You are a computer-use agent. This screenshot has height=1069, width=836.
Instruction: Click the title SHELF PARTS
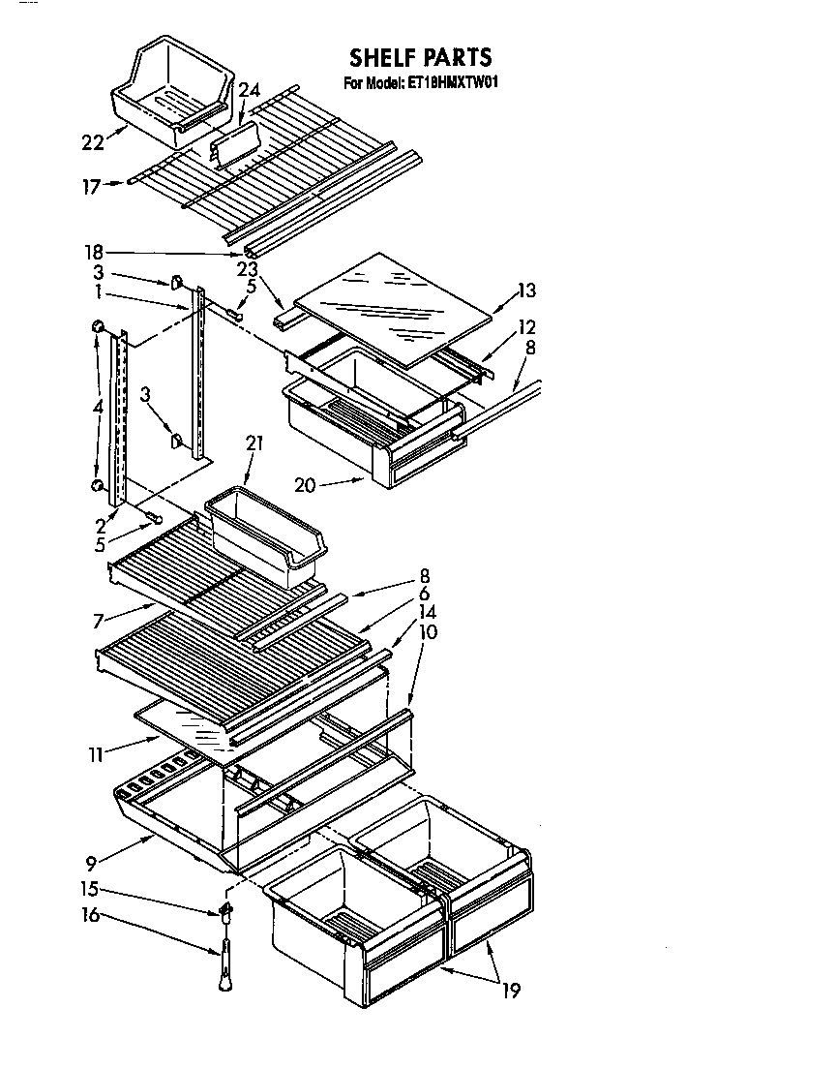click(420, 57)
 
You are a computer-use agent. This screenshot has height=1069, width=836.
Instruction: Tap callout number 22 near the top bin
click(92, 142)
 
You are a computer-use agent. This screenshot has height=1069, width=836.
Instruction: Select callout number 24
click(249, 91)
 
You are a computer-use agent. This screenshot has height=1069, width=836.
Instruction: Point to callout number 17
click(91, 187)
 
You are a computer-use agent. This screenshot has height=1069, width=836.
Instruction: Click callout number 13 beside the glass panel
click(526, 290)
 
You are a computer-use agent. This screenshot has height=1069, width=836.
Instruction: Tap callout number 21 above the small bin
click(254, 444)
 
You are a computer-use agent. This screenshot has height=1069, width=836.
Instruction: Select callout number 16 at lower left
click(91, 914)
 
